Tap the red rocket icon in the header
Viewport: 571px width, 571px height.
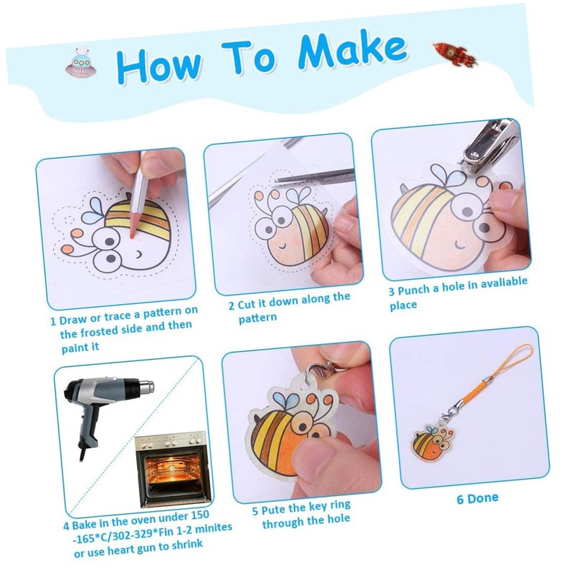click(454, 54)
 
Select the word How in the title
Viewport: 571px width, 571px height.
click(158, 65)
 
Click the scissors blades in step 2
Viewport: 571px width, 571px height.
click(313, 176)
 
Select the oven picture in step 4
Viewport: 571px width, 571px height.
click(173, 469)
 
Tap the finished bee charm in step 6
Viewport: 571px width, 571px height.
click(434, 442)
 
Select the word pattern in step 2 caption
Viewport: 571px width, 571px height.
click(258, 318)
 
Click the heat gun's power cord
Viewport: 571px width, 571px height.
click(82, 453)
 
